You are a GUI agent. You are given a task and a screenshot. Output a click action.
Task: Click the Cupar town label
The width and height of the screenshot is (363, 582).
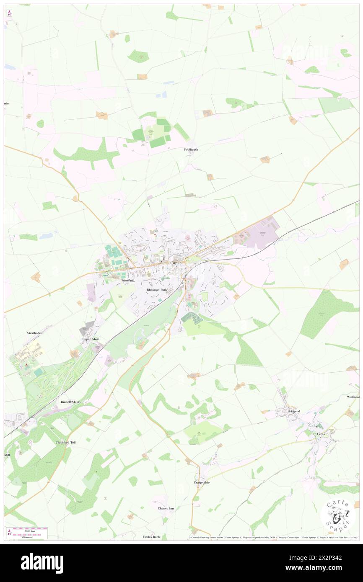(176, 263)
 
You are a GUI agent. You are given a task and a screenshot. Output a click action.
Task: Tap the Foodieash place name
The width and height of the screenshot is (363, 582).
(191, 149)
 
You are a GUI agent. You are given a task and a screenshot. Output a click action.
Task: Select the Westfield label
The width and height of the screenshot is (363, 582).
(128, 280)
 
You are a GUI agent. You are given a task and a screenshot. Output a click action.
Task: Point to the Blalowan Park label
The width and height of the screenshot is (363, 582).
(157, 290)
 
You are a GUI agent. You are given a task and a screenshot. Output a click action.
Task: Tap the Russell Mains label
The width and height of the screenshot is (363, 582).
(70, 402)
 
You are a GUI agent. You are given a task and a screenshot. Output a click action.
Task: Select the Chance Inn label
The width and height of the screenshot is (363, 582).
(166, 508)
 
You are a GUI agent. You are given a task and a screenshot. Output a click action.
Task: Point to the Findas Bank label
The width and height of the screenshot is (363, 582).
(151, 537)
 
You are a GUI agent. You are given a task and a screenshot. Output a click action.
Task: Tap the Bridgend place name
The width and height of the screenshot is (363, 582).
(294, 411)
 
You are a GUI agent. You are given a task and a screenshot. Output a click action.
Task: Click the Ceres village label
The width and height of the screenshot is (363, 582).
(321, 434)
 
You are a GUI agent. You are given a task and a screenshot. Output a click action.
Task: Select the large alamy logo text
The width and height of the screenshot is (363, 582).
(42, 563)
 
